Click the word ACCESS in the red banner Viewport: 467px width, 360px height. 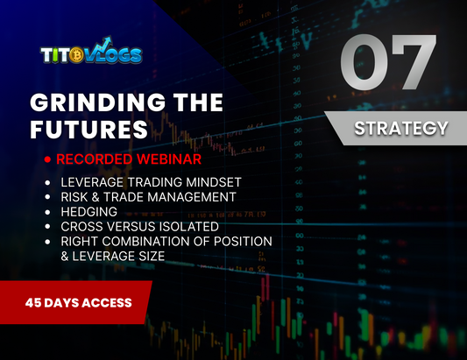coord(107,303)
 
